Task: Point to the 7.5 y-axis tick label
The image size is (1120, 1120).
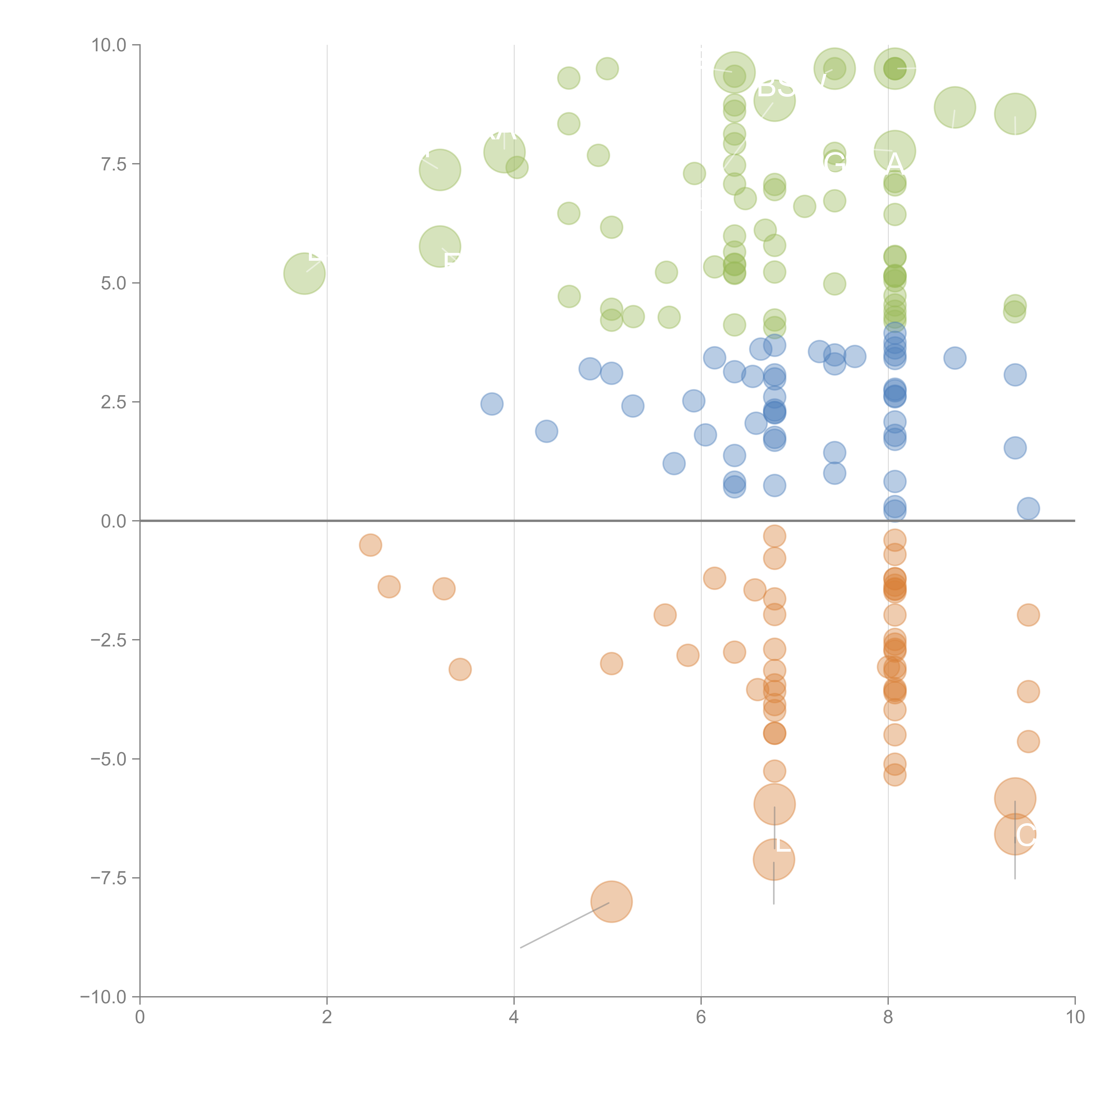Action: [113, 164]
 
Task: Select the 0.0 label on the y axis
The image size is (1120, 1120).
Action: [113, 521]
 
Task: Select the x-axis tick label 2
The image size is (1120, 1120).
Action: [327, 1017]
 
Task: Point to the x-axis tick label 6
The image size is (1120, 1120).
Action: [701, 1017]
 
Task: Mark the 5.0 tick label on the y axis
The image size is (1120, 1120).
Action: [113, 284]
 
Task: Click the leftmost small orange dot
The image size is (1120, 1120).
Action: [370, 545]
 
